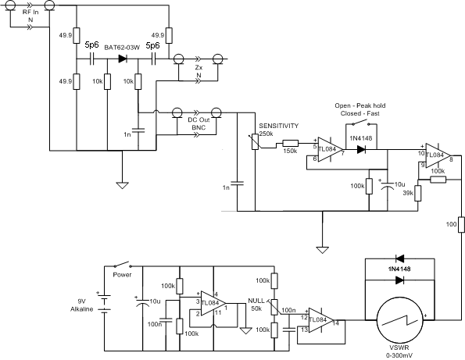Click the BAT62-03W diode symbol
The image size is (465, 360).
(x=123, y=59)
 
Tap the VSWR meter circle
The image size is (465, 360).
(x=400, y=320)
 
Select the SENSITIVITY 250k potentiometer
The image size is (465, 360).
(x=255, y=141)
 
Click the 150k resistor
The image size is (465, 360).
(x=290, y=144)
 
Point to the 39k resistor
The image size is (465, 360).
(x=418, y=193)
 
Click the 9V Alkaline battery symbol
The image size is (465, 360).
(x=104, y=303)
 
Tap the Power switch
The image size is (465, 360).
(x=122, y=264)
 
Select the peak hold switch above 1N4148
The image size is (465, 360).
(x=361, y=123)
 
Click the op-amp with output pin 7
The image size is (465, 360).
(x=330, y=149)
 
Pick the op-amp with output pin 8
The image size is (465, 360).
(x=438, y=156)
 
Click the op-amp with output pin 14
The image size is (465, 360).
(x=321, y=320)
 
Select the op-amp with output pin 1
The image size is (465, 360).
(x=213, y=303)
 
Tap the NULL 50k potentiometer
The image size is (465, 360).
(x=274, y=307)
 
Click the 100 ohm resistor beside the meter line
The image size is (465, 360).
(x=461, y=224)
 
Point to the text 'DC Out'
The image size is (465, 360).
(x=199, y=120)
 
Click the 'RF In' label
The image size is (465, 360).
(x=30, y=12)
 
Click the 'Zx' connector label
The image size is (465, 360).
(x=199, y=68)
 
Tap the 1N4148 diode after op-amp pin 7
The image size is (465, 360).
(x=361, y=149)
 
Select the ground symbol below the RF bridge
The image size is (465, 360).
(x=122, y=186)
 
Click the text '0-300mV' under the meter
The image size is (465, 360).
(x=399, y=355)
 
